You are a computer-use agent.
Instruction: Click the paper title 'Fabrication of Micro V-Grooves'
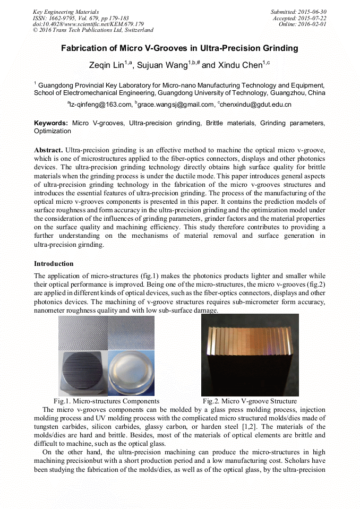click(179, 48)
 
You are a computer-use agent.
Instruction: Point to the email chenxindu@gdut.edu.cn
click(256, 105)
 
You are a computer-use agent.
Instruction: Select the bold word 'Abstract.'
click(48, 150)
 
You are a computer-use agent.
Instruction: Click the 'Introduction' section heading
click(54, 264)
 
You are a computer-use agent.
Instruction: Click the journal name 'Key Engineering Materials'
click(66, 12)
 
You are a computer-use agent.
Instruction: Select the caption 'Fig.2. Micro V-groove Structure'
click(250, 401)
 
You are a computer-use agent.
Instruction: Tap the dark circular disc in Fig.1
click(82, 373)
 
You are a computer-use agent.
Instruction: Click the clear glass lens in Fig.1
click(131, 373)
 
